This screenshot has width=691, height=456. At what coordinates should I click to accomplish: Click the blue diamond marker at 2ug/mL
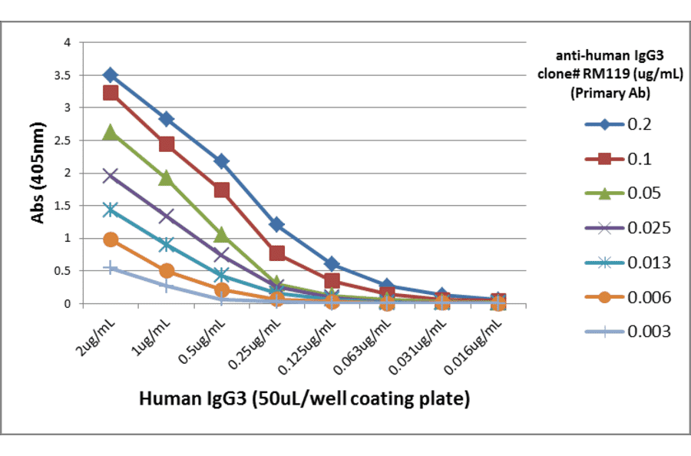[111, 75]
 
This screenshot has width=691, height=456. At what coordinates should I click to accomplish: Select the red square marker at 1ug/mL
[166, 144]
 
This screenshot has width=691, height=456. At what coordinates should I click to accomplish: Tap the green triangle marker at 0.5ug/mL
[221, 234]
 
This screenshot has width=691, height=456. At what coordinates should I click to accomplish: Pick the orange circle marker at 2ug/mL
[111, 240]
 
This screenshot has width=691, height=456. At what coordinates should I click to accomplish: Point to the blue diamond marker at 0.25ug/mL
[277, 225]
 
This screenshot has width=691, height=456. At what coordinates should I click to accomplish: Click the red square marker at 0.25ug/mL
[277, 253]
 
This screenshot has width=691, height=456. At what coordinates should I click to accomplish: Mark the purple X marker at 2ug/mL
[111, 176]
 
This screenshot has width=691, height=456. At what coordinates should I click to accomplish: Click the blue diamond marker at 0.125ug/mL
[332, 263]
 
